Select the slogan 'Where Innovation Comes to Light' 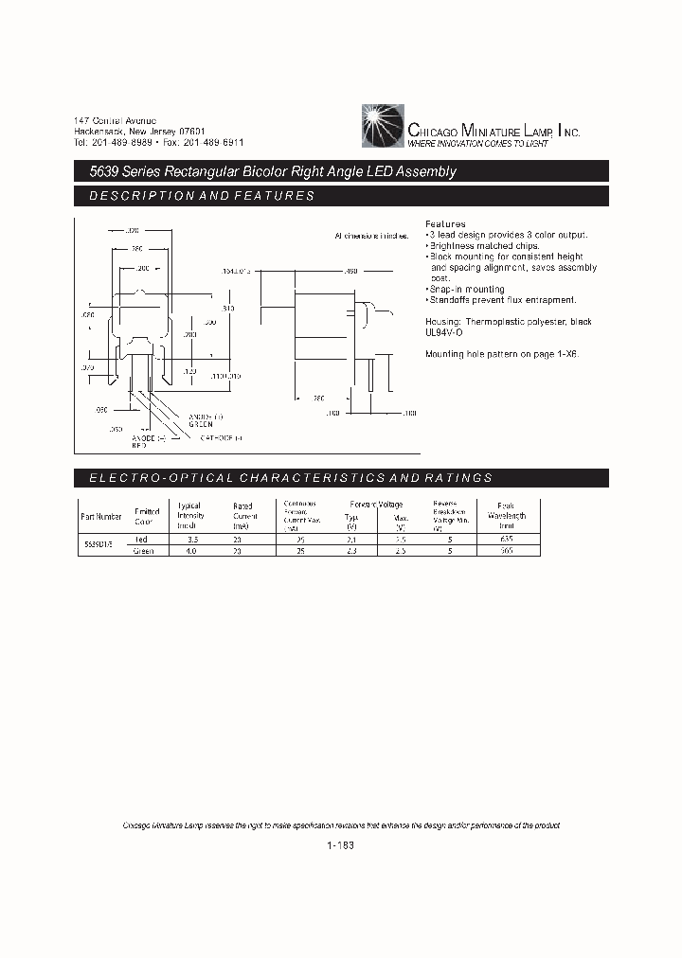point(477,143)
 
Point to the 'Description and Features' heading point(201,196)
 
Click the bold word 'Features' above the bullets point(445,224)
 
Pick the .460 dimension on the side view point(350,272)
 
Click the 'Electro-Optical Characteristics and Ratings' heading point(291,478)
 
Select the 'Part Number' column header point(101,517)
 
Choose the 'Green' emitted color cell point(144,550)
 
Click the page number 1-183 point(340,845)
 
